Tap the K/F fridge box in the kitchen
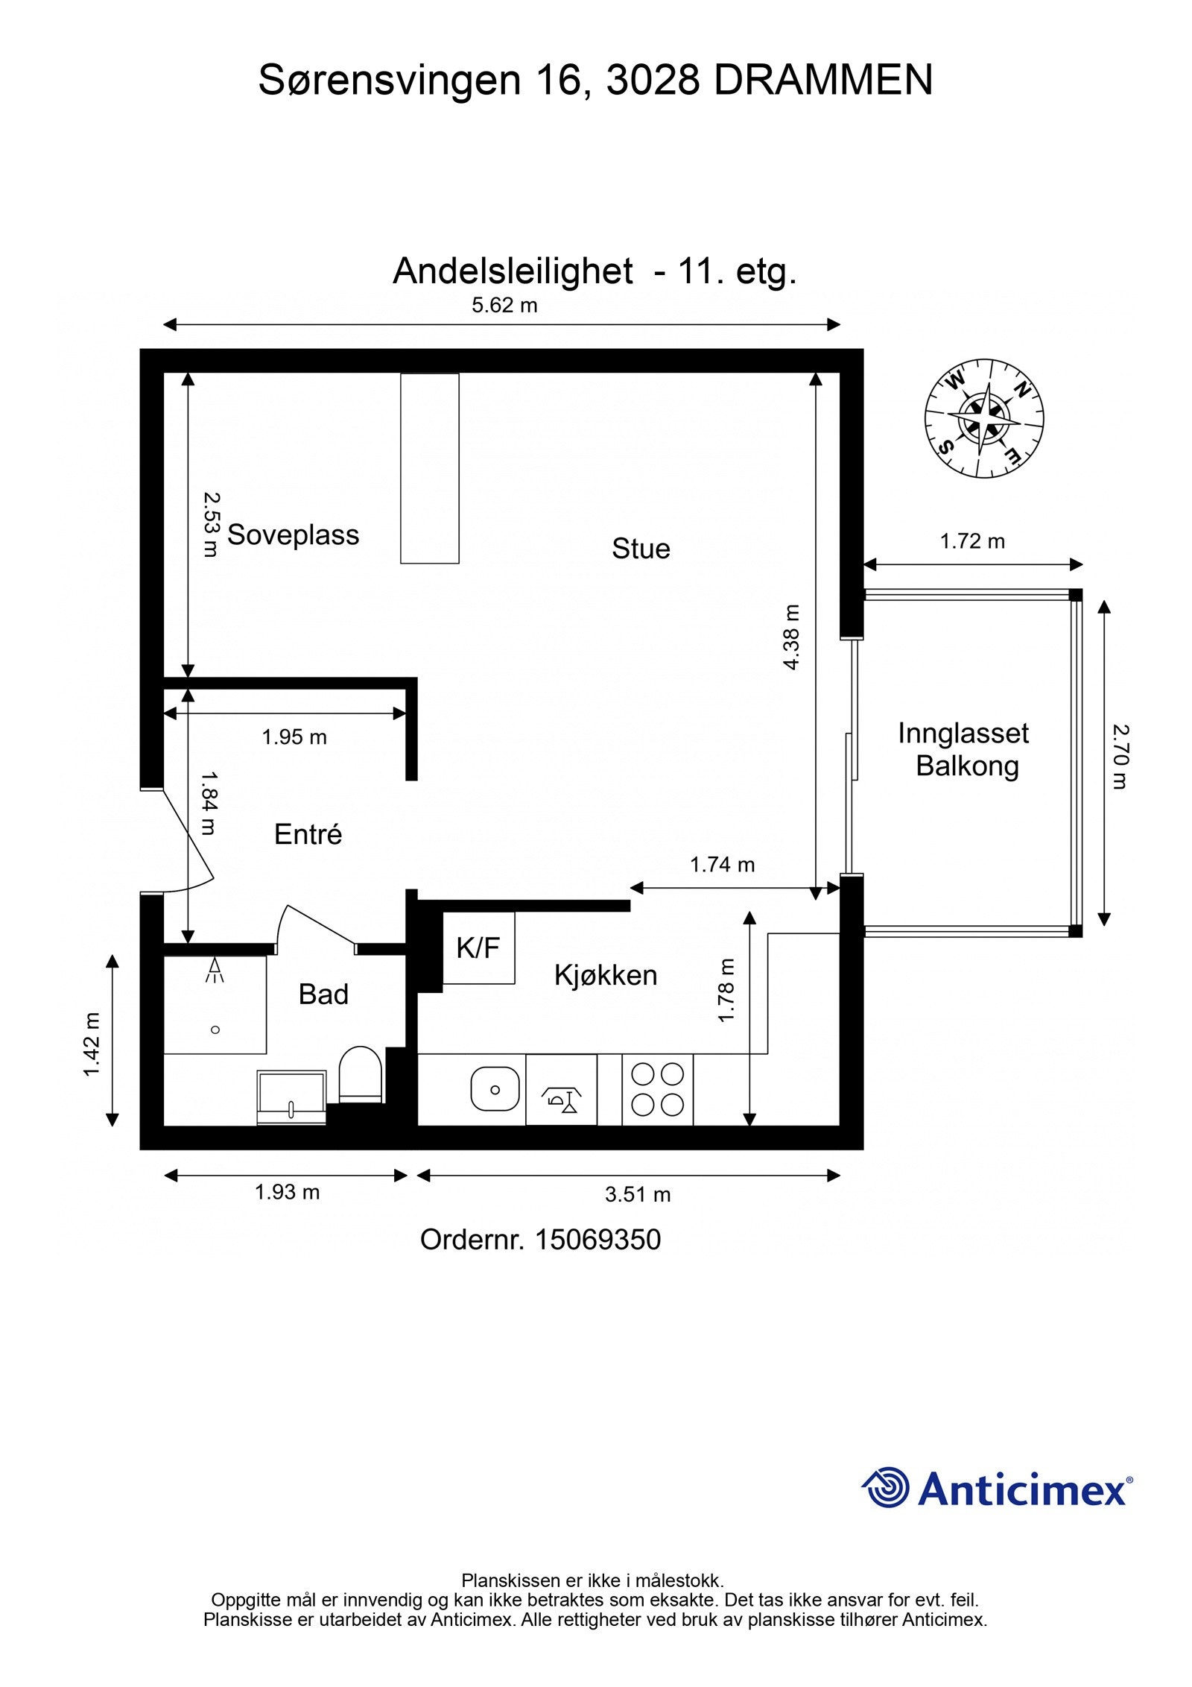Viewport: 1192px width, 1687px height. click(x=478, y=948)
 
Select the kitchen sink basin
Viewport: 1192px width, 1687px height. click(x=495, y=1089)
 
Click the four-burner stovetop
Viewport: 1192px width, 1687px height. click(x=657, y=1089)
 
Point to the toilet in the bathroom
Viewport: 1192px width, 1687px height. click(x=361, y=1074)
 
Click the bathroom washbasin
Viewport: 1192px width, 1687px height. click(x=291, y=1095)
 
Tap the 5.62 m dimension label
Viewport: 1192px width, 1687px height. click(x=504, y=306)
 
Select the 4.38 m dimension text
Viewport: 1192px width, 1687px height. click(x=791, y=637)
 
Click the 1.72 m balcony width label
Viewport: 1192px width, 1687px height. click(x=972, y=541)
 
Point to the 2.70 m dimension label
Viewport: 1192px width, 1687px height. click(x=1120, y=757)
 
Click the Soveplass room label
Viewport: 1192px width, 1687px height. click(x=293, y=535)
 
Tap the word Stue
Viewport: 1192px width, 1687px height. click(x=641, y=549)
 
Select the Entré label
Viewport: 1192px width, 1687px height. click(x=308, y=834)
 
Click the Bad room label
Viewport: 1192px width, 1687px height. click(x=323, y=994)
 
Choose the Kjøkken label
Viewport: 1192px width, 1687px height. click(x=606, y=975)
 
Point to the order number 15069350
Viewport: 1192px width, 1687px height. click(x=597, y=1240)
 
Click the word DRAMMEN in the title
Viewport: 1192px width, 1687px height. click(x=823, y=81)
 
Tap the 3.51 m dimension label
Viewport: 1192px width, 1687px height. click(x=637, y=1195)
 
